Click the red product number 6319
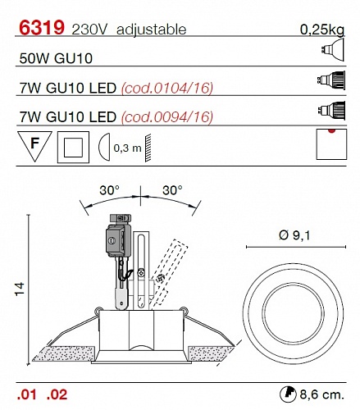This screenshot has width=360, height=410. coord(42,27)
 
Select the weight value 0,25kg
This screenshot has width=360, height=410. coord(322,30)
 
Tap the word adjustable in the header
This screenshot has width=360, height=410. coord(151,30)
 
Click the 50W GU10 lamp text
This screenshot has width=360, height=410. coord(56,58)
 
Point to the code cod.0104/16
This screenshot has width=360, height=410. coord(167,88)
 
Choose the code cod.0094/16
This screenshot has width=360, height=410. coord(167,117)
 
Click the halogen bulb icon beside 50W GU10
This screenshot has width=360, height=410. coord(332,49)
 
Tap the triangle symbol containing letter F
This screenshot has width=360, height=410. coord(34,145)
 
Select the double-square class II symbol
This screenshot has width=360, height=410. coord(73,148)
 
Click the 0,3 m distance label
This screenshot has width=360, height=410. coord(127,148)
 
